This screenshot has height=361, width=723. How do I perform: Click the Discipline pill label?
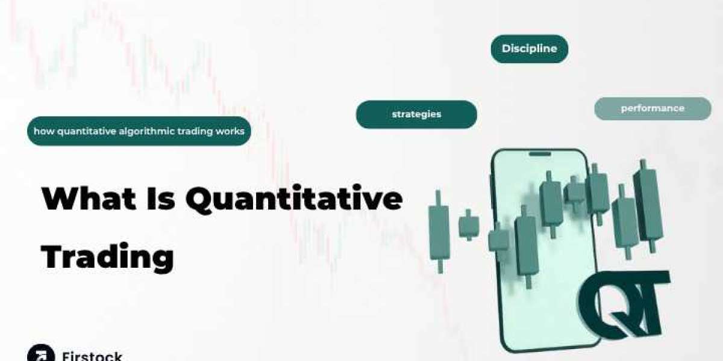[x=530, y=49]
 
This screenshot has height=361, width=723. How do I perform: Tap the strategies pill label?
[x=416, y=114]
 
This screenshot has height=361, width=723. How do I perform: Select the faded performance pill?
[x=653, y=109]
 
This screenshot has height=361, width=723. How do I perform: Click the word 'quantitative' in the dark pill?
[x=87, y=132]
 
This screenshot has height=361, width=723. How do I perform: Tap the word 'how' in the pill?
[x=44, y=131]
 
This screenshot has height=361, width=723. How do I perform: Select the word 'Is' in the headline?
[x=161, y=198]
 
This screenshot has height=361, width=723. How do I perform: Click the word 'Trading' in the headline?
[x=107, y=257]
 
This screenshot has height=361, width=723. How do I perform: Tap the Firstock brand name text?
[x=92, y=356]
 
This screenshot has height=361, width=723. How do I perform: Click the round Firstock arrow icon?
[x=41, y=353]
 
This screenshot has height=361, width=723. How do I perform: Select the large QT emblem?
[x=624, y=304]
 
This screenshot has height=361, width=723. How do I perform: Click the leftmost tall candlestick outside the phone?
[x=439, y=232]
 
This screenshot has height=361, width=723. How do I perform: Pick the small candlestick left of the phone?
[x=469, y=225]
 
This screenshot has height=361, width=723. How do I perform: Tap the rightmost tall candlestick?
[x=648, y=206]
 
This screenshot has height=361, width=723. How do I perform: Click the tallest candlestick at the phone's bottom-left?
[x=527, y=247]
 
